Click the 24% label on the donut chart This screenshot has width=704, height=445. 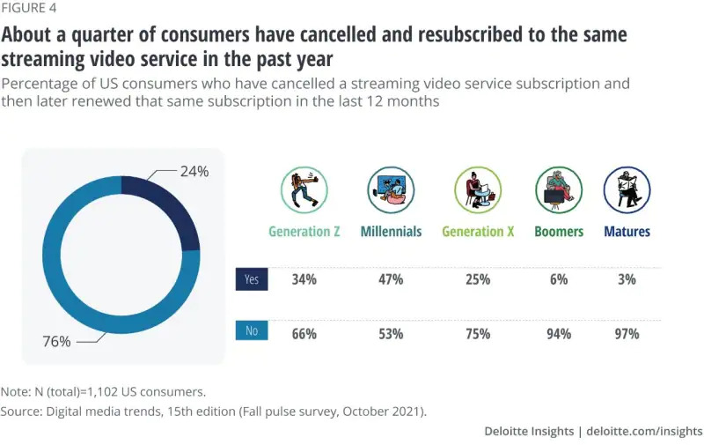194,172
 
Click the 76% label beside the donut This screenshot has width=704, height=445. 56,341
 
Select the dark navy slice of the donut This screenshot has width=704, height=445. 177,211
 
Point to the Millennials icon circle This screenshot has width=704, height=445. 391,189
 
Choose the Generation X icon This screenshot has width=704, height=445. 477,189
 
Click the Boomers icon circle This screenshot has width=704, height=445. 559,189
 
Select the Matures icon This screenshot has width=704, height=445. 627,189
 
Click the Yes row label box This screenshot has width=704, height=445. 252,279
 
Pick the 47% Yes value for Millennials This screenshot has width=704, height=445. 391,279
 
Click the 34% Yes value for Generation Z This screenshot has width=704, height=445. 304,279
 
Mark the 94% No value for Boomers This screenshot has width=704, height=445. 558,334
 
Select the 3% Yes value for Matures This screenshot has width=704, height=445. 627,279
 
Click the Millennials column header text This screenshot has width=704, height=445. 391,232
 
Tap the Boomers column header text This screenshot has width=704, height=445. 559,232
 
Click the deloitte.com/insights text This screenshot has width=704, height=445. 643,431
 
